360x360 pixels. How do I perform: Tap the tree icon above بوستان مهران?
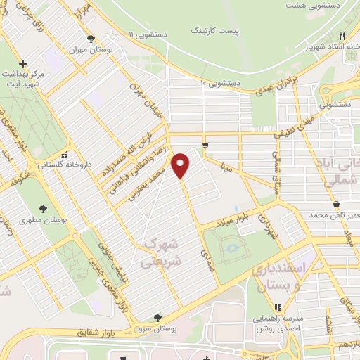(90, 39)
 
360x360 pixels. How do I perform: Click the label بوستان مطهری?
(63, 220)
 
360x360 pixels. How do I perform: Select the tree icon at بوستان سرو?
(157, 317)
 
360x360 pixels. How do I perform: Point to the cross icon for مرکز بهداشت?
(22, 63)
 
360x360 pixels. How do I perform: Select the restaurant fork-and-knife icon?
(342, 35)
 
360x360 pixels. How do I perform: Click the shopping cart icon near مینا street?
(205, 146)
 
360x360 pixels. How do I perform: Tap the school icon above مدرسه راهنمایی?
(277, 307)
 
